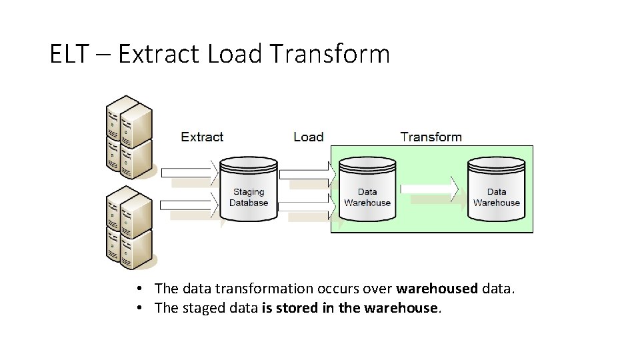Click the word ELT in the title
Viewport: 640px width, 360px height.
(x=69, y=54)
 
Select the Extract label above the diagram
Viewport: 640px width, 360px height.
(x=202, y=137)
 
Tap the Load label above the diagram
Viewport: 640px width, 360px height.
(x=308, y=137)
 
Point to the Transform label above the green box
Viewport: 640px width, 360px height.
(x=431, y=137)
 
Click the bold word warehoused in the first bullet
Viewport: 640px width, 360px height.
(x=437, y=289)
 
